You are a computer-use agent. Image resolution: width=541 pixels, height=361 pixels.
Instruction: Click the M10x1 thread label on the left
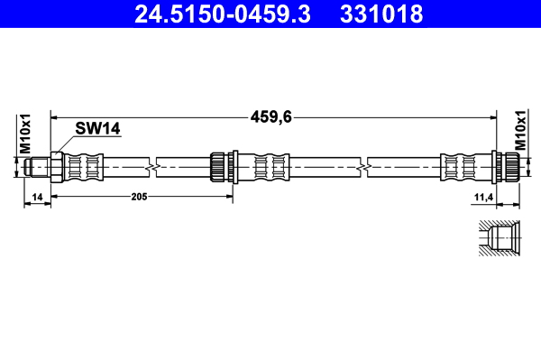25,134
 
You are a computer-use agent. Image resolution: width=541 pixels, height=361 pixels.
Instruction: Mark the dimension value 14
37,196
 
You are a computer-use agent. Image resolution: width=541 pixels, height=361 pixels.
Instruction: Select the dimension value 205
138,196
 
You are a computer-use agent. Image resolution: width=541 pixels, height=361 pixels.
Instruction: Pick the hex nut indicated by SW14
55,167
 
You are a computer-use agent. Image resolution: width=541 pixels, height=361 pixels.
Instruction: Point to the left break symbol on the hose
156,167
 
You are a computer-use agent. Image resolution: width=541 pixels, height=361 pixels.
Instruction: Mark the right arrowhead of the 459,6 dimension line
494,116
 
